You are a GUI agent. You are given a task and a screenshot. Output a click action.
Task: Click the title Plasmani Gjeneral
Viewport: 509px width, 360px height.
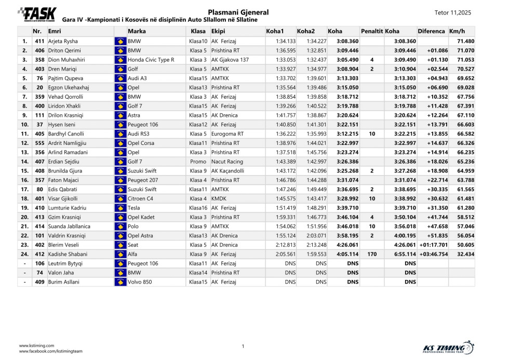pos(238,12)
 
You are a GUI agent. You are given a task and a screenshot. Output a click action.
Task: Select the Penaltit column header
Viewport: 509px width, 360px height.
pos(371,31)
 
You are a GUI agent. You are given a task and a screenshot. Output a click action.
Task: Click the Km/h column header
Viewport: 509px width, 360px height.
pos(457,31)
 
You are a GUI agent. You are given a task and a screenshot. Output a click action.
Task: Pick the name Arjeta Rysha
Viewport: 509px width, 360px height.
pos(63,41)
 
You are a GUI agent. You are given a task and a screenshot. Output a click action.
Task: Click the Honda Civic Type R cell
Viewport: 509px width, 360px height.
pos(151,60)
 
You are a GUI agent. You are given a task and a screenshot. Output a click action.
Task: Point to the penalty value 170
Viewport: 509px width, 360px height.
pos(371,254)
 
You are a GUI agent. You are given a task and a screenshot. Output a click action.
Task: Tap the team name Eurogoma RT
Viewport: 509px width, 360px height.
pos(227,134)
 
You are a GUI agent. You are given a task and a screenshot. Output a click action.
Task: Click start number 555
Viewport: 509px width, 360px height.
pos(39,143)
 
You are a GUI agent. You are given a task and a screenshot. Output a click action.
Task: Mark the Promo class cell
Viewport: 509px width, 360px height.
pos(198,162)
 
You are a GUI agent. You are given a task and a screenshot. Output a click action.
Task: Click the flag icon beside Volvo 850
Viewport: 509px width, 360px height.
pos(120,282)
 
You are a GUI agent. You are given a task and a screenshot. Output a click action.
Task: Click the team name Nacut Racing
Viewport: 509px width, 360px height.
pos(227,162)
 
